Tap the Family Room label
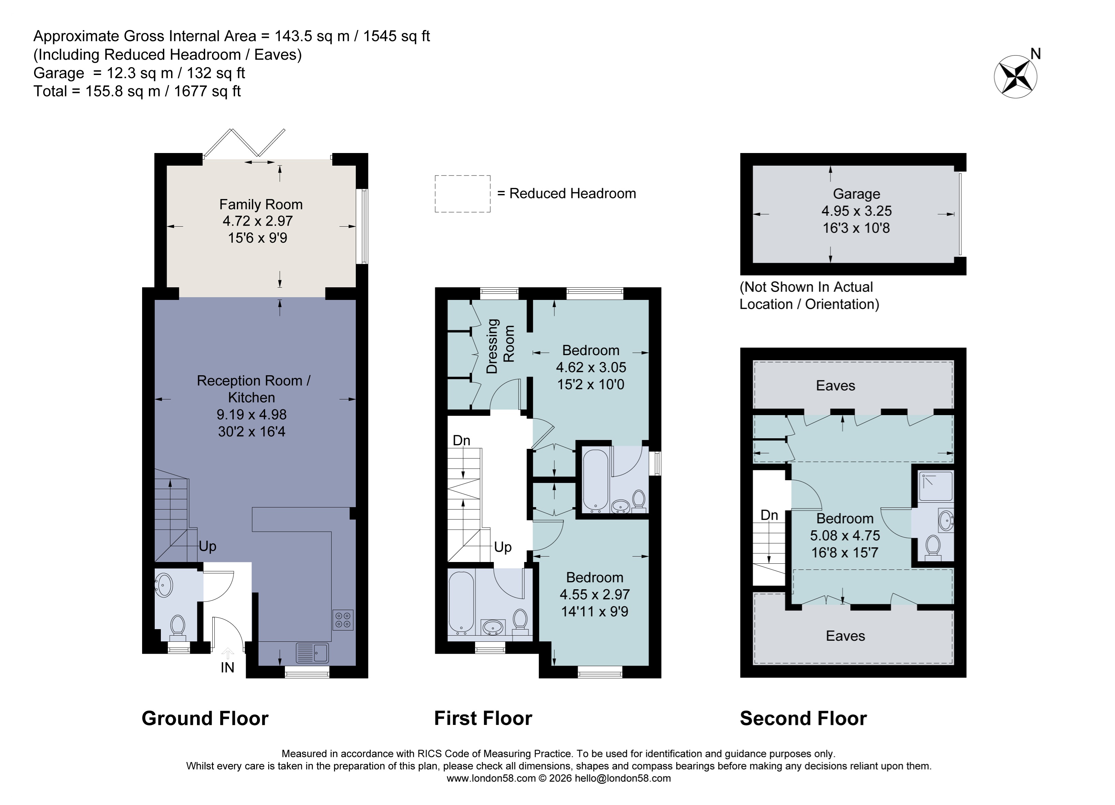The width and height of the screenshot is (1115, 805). click(261, 204)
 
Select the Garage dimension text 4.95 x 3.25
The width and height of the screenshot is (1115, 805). click(856, 211)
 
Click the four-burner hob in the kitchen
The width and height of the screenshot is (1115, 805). click(343, 620)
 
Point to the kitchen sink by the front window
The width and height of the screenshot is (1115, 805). click(312, 653)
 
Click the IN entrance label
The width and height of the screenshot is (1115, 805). click(227, 667)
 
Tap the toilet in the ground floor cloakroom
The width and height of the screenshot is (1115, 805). click(178, 627)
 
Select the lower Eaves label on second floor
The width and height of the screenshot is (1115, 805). click(845, 636)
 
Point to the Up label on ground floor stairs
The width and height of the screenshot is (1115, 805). click(208, 547)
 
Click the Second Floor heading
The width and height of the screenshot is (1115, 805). click(803, 718)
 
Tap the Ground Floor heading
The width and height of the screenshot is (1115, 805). click(205, 718)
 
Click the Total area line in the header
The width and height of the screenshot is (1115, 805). click(137, 91)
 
